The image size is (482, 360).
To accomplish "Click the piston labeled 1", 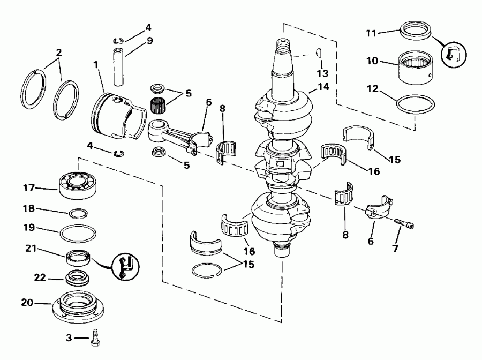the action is (119, 116).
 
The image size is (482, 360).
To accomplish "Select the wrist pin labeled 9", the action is (119, 67).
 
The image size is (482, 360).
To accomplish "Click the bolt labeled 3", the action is (96, 338).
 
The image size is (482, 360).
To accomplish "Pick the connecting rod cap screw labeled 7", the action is (404, 223).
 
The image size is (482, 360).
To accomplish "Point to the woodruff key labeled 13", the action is (319, 52).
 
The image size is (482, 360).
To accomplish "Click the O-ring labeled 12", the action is (416, 104).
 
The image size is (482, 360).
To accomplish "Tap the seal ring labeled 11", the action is (416, 30).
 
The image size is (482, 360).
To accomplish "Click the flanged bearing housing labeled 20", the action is (78, 306).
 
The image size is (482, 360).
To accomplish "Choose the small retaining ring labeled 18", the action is (78, 213).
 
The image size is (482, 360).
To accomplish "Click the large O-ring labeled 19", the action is (78, 234).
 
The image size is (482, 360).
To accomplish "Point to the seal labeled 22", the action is (78, 277).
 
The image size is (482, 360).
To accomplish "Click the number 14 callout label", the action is (323, 87).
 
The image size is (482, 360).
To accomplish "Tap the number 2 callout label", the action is (58, 52).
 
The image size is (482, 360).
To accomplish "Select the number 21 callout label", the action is (31, 248).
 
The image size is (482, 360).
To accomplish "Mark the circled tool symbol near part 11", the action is (454, 55).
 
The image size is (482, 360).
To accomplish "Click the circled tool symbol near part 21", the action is (126, 267).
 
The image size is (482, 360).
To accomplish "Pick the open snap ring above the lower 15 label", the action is (207, 271).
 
